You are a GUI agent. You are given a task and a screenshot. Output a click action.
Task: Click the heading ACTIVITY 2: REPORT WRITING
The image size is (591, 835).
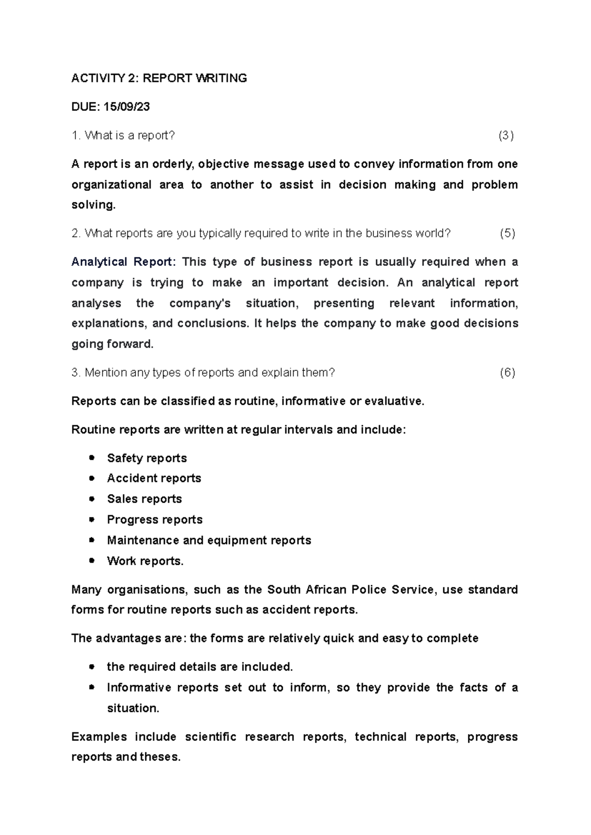coord(159,78)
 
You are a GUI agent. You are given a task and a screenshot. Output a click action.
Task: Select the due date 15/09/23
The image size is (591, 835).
coord(127,107)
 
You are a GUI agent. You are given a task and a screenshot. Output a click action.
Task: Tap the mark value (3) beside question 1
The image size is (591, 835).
coord(506,136)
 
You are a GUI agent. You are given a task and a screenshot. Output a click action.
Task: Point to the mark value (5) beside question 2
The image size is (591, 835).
coord(507,233)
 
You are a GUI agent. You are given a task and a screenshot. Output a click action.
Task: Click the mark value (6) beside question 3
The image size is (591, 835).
coord(507,373)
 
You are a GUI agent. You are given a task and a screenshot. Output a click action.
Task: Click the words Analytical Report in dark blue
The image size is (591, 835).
coord(122,262)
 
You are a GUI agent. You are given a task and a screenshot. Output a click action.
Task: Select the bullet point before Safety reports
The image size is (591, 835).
coord(92,458)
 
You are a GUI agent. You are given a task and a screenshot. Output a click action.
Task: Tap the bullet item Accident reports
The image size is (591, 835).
coord(154,479)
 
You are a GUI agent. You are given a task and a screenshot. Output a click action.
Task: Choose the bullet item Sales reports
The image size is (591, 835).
coord(144,499)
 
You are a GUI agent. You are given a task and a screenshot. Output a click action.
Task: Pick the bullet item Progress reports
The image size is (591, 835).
coord(155,520)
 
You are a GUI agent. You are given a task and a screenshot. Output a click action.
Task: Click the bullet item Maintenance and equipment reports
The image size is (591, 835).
coord(209,541)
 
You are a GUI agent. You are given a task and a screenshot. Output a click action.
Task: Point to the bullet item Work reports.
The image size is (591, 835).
coord(145,561)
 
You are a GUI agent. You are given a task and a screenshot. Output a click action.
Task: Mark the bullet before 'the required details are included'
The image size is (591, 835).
coord(92,667)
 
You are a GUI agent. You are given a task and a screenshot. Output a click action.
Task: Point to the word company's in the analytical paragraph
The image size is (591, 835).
coord(200,303)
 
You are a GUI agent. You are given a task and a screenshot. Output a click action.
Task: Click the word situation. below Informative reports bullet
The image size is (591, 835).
coord(133,709)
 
